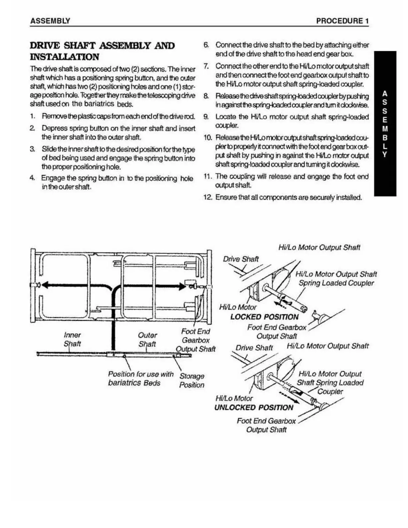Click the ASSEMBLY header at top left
(50, 21)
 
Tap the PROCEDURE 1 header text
(342, 21)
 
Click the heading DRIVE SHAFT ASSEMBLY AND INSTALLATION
(102, 51)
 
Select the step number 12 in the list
(208, 197)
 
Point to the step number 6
(206, 45)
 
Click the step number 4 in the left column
(32, 178)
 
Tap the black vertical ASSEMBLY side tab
(385, 123)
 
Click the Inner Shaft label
(72, 339)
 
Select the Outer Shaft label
(147, 339)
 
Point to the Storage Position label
(192, 380)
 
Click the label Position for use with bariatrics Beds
(140, 378)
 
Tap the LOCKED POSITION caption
(264, 317)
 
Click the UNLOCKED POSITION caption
(254, 407)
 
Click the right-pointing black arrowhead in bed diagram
(181, 286)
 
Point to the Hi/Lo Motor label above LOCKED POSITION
(238, 307)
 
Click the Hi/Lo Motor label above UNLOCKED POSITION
(234, 398)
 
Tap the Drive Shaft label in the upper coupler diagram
(241, 259)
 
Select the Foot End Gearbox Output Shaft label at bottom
(266, 425)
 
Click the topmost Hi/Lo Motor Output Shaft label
(319, 247)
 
